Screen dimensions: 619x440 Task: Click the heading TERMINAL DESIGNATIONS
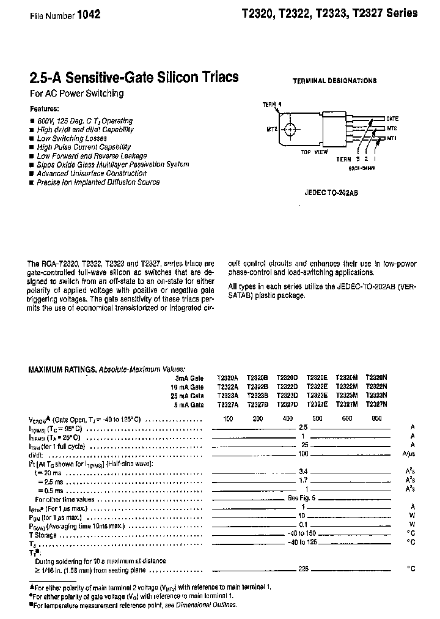(x=334, y=81)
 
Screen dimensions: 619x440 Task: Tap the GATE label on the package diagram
(x=392, y=117)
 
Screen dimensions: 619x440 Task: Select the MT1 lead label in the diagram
(x=392, y=139)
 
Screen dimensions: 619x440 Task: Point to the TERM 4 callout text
(x=273, y=105)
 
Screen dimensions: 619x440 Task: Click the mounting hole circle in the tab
(x=291, y=129)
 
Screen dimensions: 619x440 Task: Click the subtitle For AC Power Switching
(x=76, y=94)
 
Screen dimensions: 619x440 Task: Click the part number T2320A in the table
(x=228, y=379)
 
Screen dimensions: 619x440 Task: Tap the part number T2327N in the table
(x=376, y=404)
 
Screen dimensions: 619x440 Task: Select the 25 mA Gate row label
(x=188, y=396)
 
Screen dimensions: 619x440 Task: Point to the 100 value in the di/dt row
(x=303, y=454)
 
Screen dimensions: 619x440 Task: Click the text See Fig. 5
(x=302, y=499)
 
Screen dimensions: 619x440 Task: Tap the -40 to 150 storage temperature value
(x=302, y=533)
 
